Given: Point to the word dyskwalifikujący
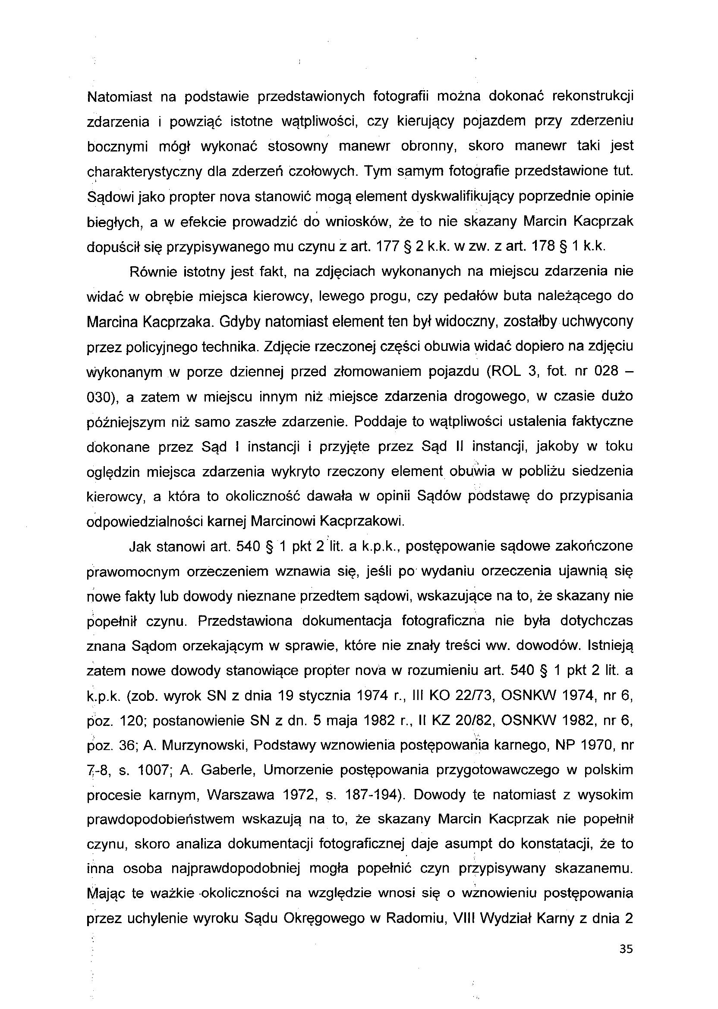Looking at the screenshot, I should pos(463,196).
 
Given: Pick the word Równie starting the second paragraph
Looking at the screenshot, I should pos(151,271).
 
